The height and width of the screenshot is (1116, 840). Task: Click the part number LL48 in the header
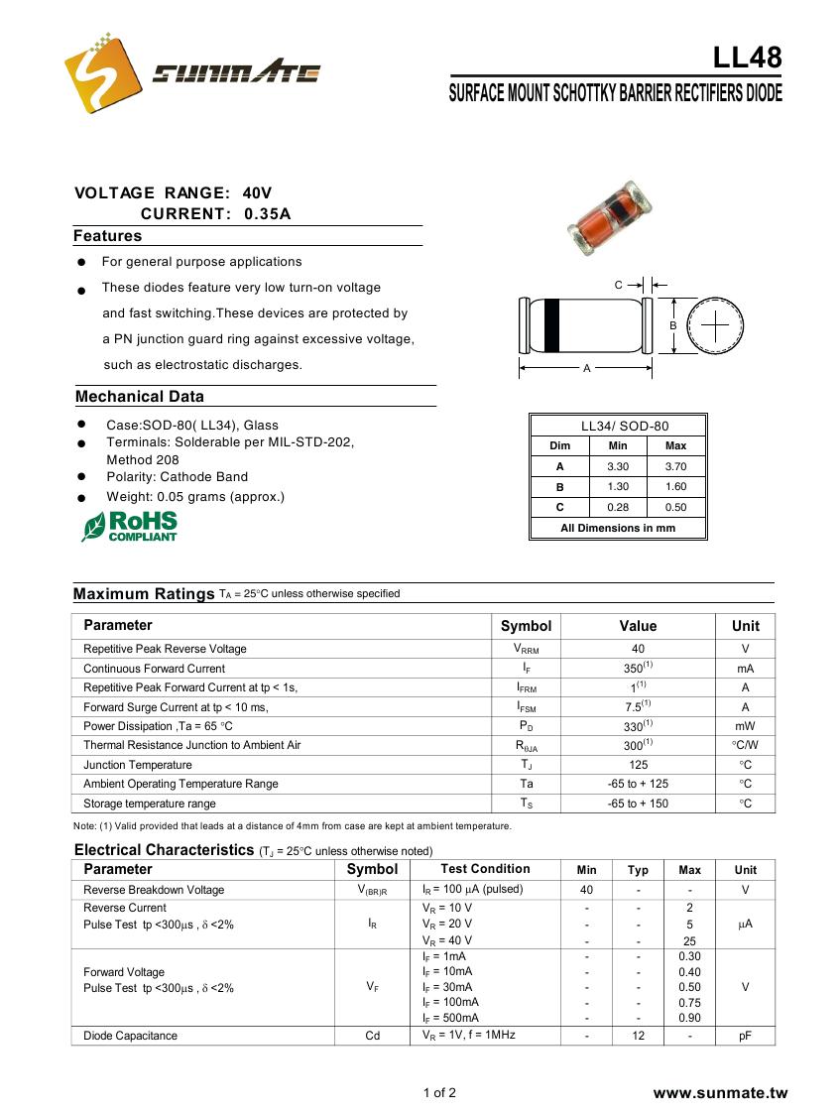click(747, 58)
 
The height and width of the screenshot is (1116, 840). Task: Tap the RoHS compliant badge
click(130, 526)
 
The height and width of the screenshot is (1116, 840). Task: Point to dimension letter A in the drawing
click(586, 369)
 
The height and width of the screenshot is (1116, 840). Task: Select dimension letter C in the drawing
click(618, 286)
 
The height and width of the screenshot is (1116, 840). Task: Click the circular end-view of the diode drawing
click(714, 325)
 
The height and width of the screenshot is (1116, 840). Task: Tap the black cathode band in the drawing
click(552, 325)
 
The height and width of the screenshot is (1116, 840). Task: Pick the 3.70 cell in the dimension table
click(675, 466)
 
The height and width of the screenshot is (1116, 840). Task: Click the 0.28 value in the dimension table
click(617, 507)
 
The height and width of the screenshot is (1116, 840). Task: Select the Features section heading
click(108, 236)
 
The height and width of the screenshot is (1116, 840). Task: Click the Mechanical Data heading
click(140, 397)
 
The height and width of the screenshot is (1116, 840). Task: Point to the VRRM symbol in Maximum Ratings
click(525, 649)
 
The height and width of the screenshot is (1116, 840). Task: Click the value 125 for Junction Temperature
click(638, 765)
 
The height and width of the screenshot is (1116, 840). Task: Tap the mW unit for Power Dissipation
click(745, 726)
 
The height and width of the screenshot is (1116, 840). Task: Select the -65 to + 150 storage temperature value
click(638, 804)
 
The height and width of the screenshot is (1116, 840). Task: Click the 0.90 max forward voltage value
click(689, 1018)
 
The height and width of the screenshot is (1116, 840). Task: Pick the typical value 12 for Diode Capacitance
click(638, 1036)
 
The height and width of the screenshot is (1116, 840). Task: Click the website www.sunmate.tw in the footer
click(720, 1093)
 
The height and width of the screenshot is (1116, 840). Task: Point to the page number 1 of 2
click(439, 1093)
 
